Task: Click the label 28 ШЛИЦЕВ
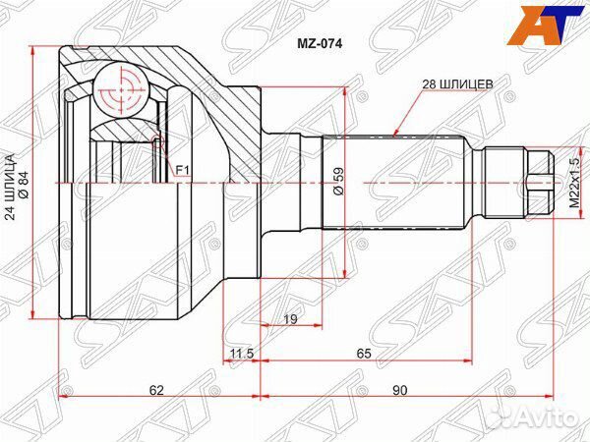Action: (457, 84)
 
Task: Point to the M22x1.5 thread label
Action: (574, 183)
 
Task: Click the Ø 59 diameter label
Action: (338, 181)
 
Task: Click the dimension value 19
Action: (290, 319)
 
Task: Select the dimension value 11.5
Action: (242, 354)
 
